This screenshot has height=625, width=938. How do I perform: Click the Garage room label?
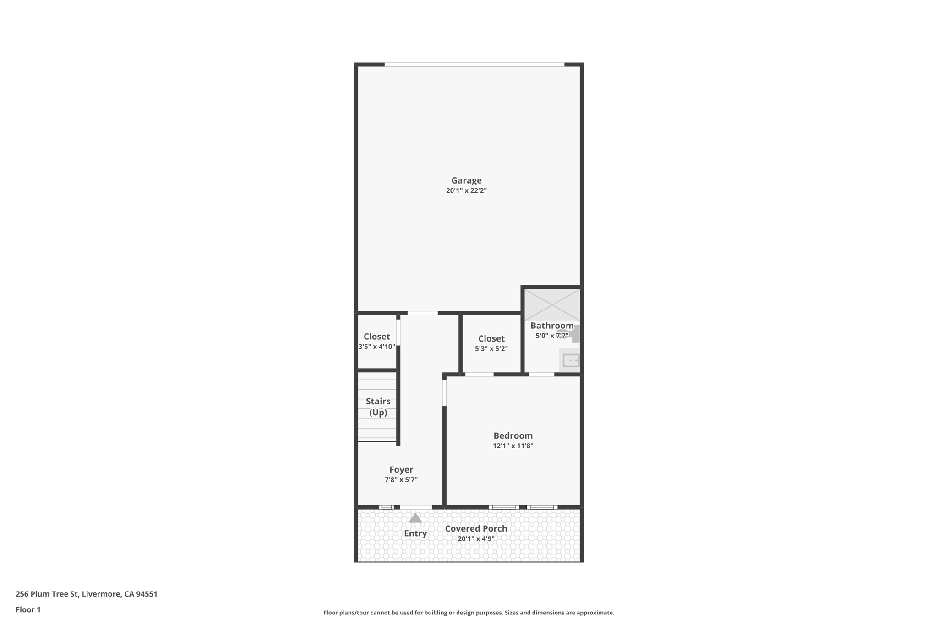(x=466, y=180)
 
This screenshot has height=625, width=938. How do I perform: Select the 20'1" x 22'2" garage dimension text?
(x=466, y=191)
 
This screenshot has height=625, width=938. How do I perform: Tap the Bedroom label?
(x=513, y=435)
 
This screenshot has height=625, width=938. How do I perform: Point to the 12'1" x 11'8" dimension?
(x=513, y=446)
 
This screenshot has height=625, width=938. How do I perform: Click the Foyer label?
(x=401, y=469)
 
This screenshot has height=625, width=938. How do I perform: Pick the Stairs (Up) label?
(x=378, y=407)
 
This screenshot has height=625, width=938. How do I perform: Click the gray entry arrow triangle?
(x=415, y=518)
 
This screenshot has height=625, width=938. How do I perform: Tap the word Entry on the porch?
(x=415, y=533)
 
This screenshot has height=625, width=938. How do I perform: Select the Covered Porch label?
(x=476, y=528)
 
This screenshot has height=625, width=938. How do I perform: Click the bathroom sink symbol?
(x=571, y=360)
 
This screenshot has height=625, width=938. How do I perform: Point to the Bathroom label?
(x=551, y=326)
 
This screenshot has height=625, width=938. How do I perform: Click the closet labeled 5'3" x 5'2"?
(x=491, y=343)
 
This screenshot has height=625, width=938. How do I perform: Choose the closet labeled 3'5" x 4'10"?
(x=376, y=341)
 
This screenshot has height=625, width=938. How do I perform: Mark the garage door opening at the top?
(x=474, y=65)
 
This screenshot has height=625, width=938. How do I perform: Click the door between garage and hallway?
(x=422, y=313)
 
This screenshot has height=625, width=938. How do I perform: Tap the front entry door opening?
(x=416, y=507)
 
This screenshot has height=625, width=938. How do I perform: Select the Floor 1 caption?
(x=28, y=609)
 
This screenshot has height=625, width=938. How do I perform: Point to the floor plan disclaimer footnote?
(x=469, y=613)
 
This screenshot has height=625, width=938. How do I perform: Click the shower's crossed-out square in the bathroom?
(x=552, y=304)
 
